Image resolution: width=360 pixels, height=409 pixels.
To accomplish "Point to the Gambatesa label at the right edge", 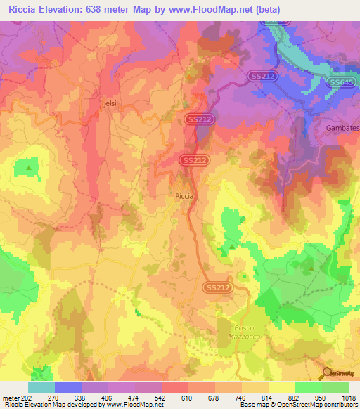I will (x=342, y=128).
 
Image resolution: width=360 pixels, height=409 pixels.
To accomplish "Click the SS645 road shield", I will (x=340, y=82).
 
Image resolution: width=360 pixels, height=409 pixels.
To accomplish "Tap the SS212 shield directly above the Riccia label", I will (x=195, y=161).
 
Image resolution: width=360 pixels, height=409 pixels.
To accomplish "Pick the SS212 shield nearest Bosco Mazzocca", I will (x=219, y=287).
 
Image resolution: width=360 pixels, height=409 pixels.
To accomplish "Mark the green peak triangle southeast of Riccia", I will (x=231, y=247).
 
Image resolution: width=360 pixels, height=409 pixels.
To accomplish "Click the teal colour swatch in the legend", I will (x=41, y=387).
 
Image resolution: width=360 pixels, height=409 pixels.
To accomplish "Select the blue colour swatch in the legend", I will (x=68, y=387).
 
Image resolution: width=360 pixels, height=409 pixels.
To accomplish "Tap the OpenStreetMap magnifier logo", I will (x=326, y=373).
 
